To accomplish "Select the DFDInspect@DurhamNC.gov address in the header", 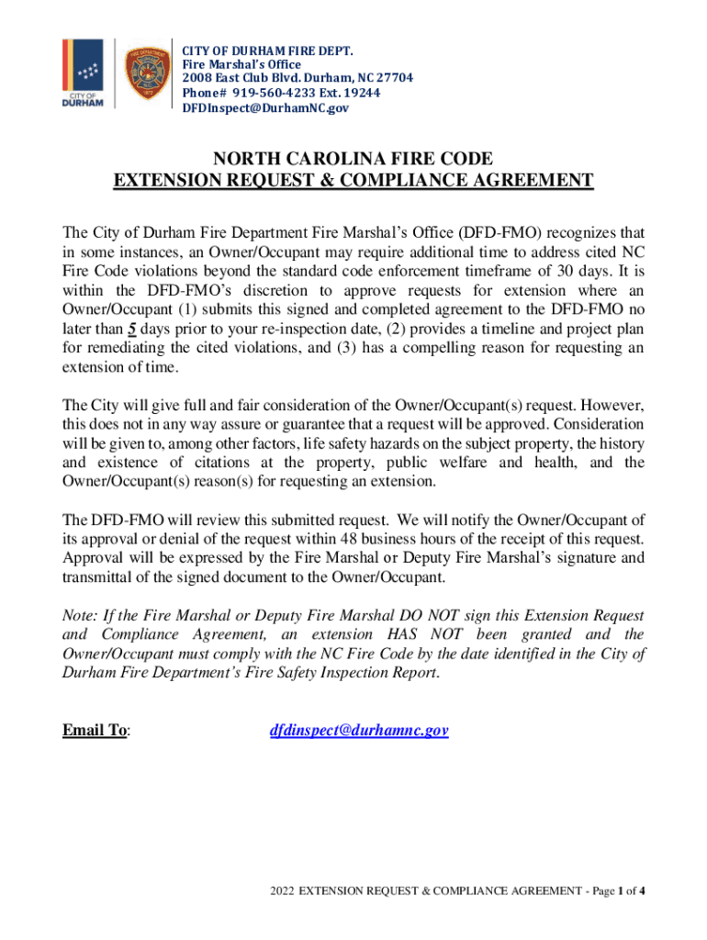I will (265, 108).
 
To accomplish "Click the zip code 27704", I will (395, 78).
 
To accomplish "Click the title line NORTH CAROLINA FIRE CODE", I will (353, 157).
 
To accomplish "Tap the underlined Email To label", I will (95, 731).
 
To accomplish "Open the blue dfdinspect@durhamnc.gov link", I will (358, 731).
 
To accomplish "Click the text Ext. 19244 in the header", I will (350, 93).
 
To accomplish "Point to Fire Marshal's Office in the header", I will (241, 64).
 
